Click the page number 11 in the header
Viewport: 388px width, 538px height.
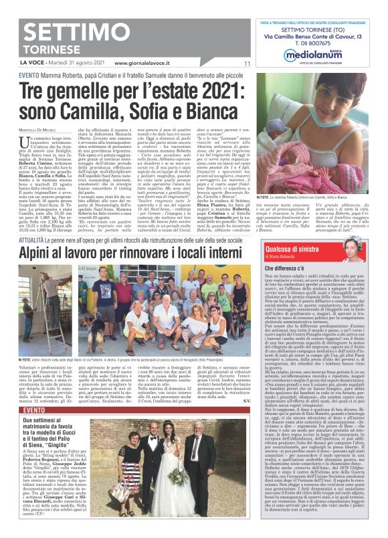pos(246,64)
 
